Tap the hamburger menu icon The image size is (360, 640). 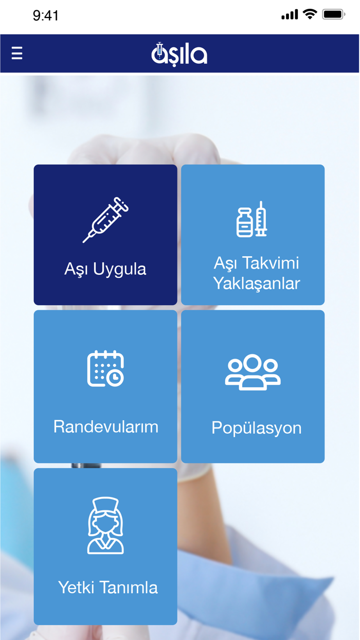point(17,54)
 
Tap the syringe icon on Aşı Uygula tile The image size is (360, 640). point(105,220)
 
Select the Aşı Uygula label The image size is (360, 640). point(105,269)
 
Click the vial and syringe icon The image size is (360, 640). point(252,220)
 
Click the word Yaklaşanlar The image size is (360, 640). point(257,283)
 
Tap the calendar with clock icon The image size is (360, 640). point(105,368)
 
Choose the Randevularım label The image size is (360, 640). point(106,427)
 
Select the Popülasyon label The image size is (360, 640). point(257,428)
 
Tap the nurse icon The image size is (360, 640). point(105,525)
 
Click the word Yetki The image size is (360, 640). point(76,588)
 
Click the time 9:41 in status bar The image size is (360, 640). point(46,16)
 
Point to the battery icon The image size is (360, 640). point(333,15)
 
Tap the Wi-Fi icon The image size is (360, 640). point(310,14)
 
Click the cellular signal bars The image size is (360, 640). point(290,14)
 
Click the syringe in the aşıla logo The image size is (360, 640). point(159,50)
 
